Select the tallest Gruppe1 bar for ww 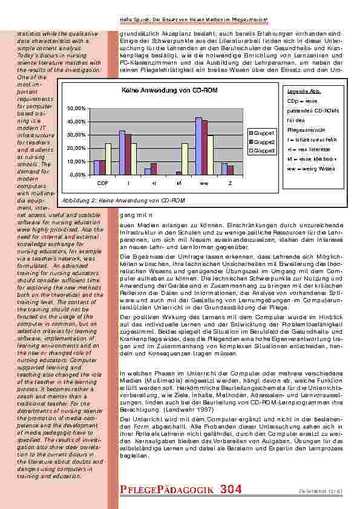(198, 146)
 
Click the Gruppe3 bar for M (185, 158)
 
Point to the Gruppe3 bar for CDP (108, 158)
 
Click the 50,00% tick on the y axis (78, 108)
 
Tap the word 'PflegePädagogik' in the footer (164, 489)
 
